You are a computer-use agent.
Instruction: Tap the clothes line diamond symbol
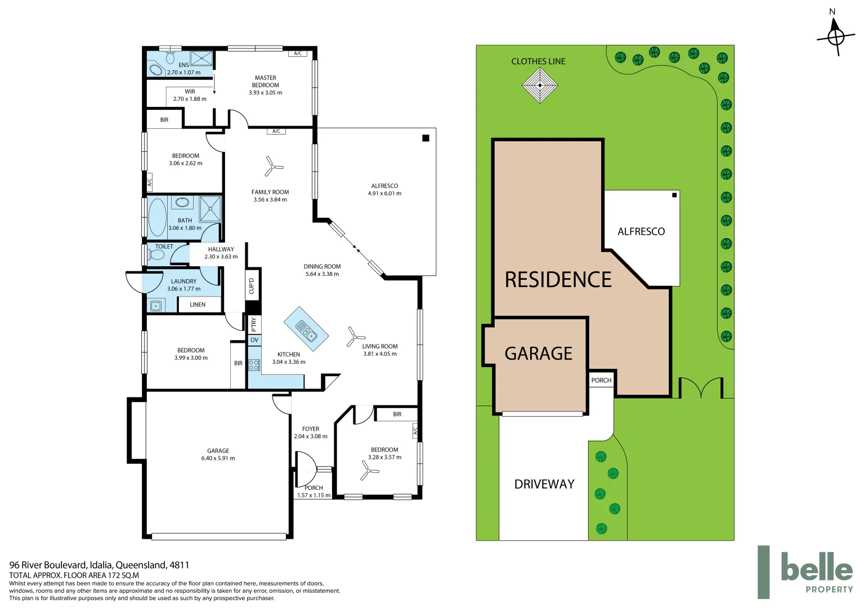click(540, 86)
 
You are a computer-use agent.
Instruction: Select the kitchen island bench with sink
click(306, 329)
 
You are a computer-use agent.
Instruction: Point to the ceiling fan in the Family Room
click(274, 167)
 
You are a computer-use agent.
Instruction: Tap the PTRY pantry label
click(254, 324)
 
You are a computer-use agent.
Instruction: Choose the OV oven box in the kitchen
click(254, 340)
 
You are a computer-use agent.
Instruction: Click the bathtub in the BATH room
click(157, 217)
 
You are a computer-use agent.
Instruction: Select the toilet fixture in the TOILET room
click(156, 255)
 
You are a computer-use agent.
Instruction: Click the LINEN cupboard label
click(198, 305)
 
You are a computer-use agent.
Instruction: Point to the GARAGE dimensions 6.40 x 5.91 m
click(218, 458)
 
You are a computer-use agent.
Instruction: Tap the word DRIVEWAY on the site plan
click(544, 484)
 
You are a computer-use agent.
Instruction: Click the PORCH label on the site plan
click(601, 381)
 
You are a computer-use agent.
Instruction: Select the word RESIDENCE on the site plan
click(558, 280)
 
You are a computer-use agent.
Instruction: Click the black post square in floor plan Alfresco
click(426, 138)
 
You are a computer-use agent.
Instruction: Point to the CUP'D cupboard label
click(252, 286)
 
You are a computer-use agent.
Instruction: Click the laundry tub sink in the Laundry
click(156, 306)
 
